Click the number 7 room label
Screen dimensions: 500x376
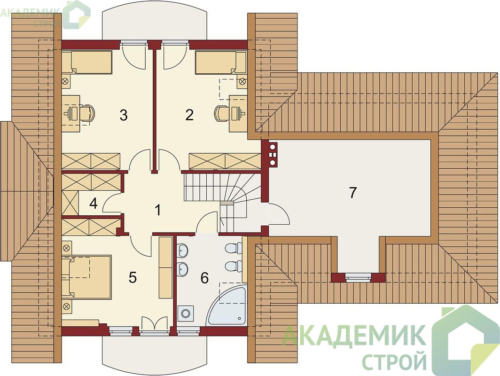pos(352,193)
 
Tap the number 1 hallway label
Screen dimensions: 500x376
pos(157,210)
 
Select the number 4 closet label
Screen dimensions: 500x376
pos(94,204)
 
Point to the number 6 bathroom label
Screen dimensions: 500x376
pos(204,278)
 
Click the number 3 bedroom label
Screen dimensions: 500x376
pos(124,115)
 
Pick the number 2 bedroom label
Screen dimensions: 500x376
pos(189,115)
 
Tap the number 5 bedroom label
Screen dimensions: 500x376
pos(133,277)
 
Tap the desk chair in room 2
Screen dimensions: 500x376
pos(222,113)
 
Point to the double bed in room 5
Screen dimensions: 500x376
pos(86,277)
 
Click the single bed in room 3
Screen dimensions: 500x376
pos(86,62)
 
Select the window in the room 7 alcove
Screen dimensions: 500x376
pos(359,277)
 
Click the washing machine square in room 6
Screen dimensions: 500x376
pos(186,313)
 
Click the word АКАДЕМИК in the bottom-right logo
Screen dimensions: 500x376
pos(354,335)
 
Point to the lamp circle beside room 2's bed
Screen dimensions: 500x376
pos(242,82)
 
